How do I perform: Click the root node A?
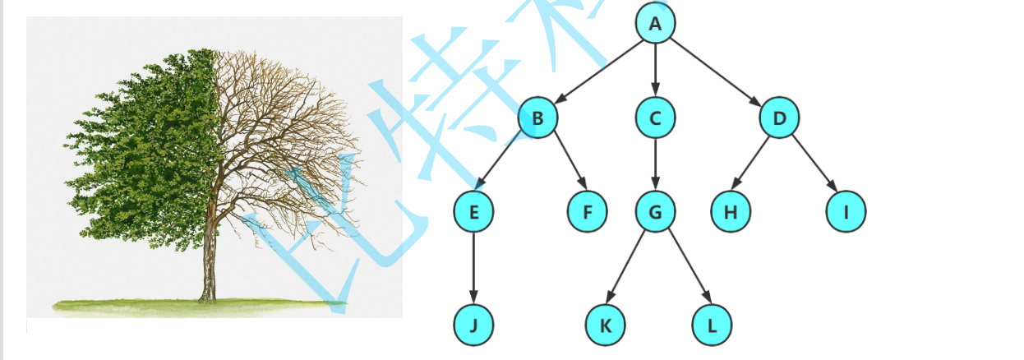[x=655, y=24]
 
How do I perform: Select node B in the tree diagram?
[x=537, y=118]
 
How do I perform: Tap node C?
[x=655, y=118]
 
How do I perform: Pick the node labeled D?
[x=779, y=118]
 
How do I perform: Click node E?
[x=473, y=212]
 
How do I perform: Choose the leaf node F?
[x=588, y=212]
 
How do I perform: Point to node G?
[x=655, y=212]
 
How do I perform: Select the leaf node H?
[x=731, y=212]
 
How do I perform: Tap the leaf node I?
[x=846, y=212]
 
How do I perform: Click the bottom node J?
[x=473, y=325]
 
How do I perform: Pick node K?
[x=606, y=325]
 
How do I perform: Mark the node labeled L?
[x=712, y=325]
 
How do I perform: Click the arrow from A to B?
[x=597, y=71]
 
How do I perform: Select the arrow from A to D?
[x=717, y=72]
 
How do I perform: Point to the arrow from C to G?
[x=655, y=164]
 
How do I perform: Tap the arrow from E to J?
[x=473, y=269]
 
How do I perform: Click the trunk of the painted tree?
[x=208, y=263]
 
